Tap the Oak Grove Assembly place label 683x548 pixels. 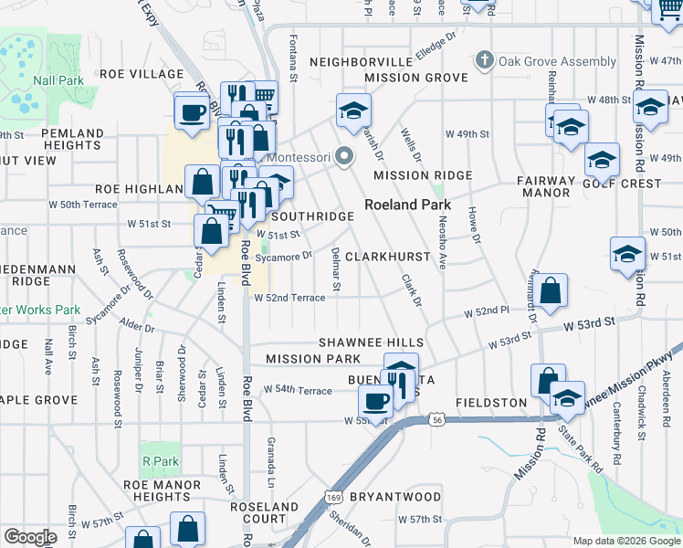coord(544,61)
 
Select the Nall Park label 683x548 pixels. coord(58,80)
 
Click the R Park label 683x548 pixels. coord(160,461)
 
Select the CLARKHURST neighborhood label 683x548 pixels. coord(387,258)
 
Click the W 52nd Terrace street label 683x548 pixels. coord(289,298)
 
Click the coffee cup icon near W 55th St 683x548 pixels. coord(374,400)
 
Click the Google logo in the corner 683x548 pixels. coord(31,537)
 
